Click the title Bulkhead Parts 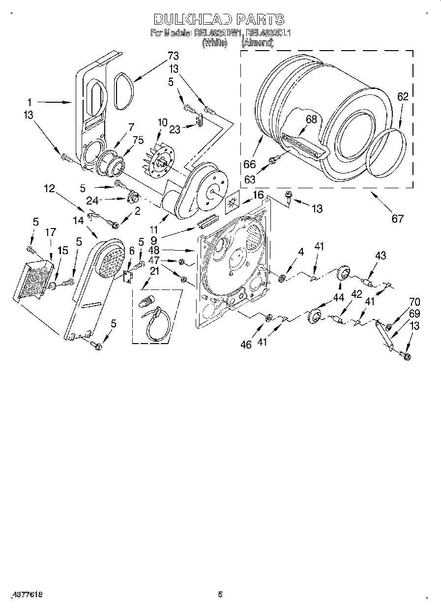click(x=219, y=19)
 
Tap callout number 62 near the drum click(x=403, y=97)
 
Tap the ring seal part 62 click(x=388, y=153)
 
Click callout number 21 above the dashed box click(x=155, y=272)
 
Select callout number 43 click(x=380, y=256)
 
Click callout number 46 click(x=245, y=345)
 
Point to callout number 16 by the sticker click(x=258, y=196)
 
